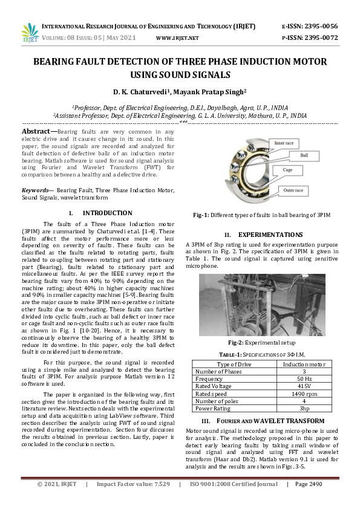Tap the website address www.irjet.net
[177, 37]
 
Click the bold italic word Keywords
[36, 190]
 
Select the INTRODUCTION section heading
[106, 213]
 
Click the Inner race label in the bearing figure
[284, 143]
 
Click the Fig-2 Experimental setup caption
[261, 342]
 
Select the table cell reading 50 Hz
[304, 379]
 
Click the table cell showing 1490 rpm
[304, 394]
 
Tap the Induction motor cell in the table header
[304, 365]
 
